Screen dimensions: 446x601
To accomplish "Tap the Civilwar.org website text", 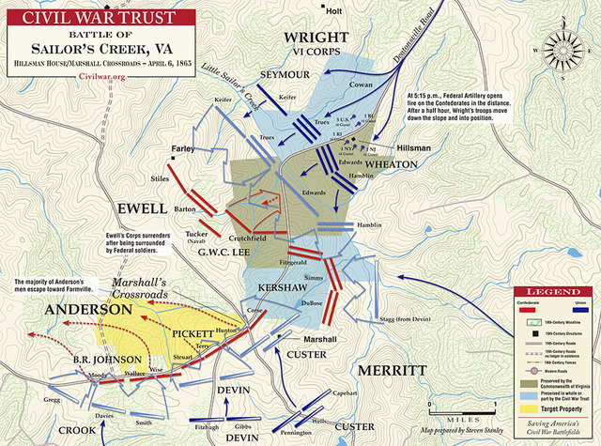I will pyautogui.click(x=104, y=76).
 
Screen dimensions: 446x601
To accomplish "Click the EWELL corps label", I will pyautogui.click(x=141, y=206).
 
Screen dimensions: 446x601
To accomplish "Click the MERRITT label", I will pyautogui.click(x=388, y=370).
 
